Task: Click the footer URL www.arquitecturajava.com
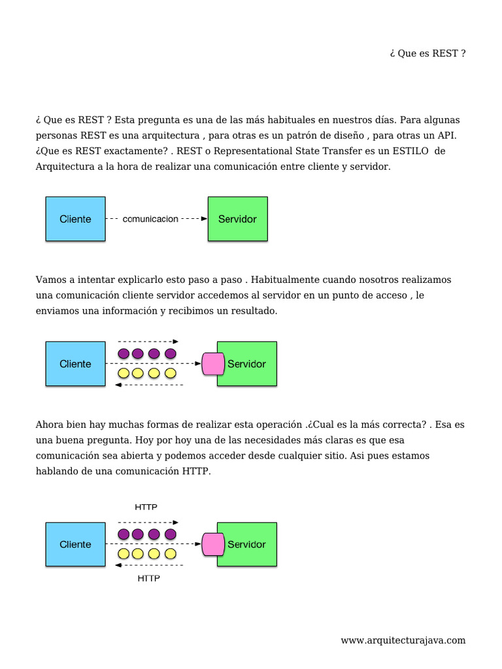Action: (403, 640)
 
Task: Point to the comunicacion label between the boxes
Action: (150, 220)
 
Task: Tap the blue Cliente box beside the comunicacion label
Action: (75, 220)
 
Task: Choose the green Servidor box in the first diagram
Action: (237, 220)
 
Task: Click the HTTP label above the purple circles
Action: (146, 507)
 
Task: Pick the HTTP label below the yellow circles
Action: (149, 579)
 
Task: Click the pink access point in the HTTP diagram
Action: (212, 544)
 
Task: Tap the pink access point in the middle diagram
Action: (212, 363)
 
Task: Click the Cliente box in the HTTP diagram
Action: (75, 544)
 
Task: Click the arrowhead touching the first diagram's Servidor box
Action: (203, 220)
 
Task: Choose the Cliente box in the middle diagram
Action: (75, 364)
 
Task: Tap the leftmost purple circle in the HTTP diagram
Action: (124, 534)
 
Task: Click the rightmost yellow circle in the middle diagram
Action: (171, 374)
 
